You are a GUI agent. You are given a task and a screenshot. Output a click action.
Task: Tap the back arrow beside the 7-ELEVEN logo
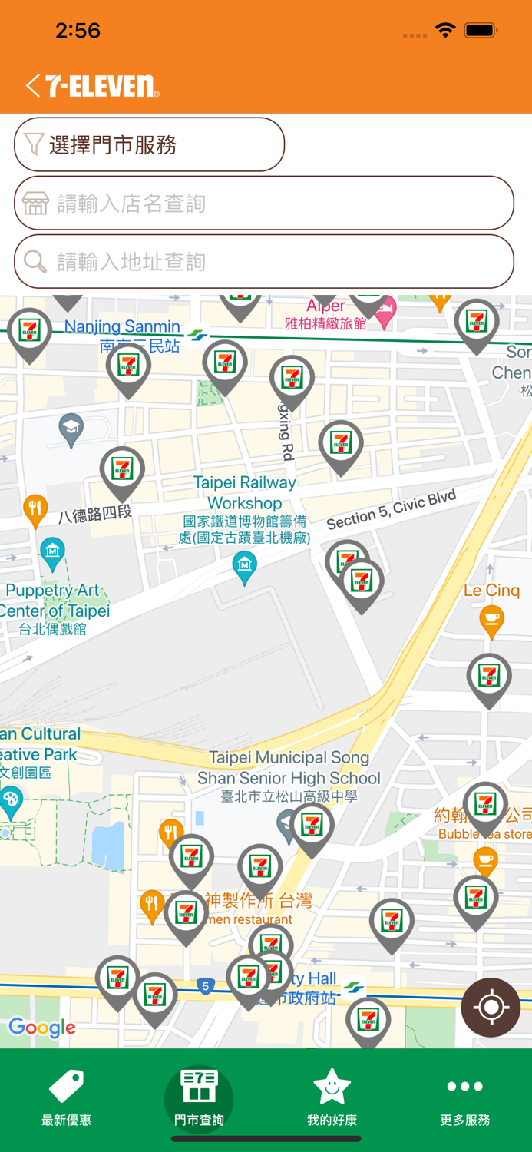[32, 85]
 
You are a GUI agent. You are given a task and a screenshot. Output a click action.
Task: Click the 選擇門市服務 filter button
[149, 144]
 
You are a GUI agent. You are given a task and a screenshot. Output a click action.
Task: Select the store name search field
[264, 204]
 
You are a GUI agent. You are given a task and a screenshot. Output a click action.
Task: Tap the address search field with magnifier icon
[264, 262]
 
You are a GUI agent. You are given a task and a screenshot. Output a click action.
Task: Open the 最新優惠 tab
[67, 1098]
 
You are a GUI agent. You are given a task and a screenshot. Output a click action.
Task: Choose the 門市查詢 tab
[199, 1098]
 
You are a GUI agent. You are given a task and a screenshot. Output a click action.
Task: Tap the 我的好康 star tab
[332, 1098]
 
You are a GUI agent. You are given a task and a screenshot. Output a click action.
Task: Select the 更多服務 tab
[464, 1098]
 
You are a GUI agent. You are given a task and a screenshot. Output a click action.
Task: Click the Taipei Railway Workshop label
[245, 492]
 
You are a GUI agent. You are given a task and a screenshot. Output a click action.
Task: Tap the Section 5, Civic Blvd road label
[391, 509]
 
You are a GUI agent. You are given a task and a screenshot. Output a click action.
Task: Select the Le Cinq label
[491, 590]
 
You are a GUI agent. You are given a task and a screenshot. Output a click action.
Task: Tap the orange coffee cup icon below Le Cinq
[491, 620]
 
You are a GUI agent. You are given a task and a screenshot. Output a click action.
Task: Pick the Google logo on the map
[42, 1028]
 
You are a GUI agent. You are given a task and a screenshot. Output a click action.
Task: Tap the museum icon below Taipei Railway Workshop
[244, 566]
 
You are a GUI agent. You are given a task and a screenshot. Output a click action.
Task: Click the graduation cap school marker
[71, 429]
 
